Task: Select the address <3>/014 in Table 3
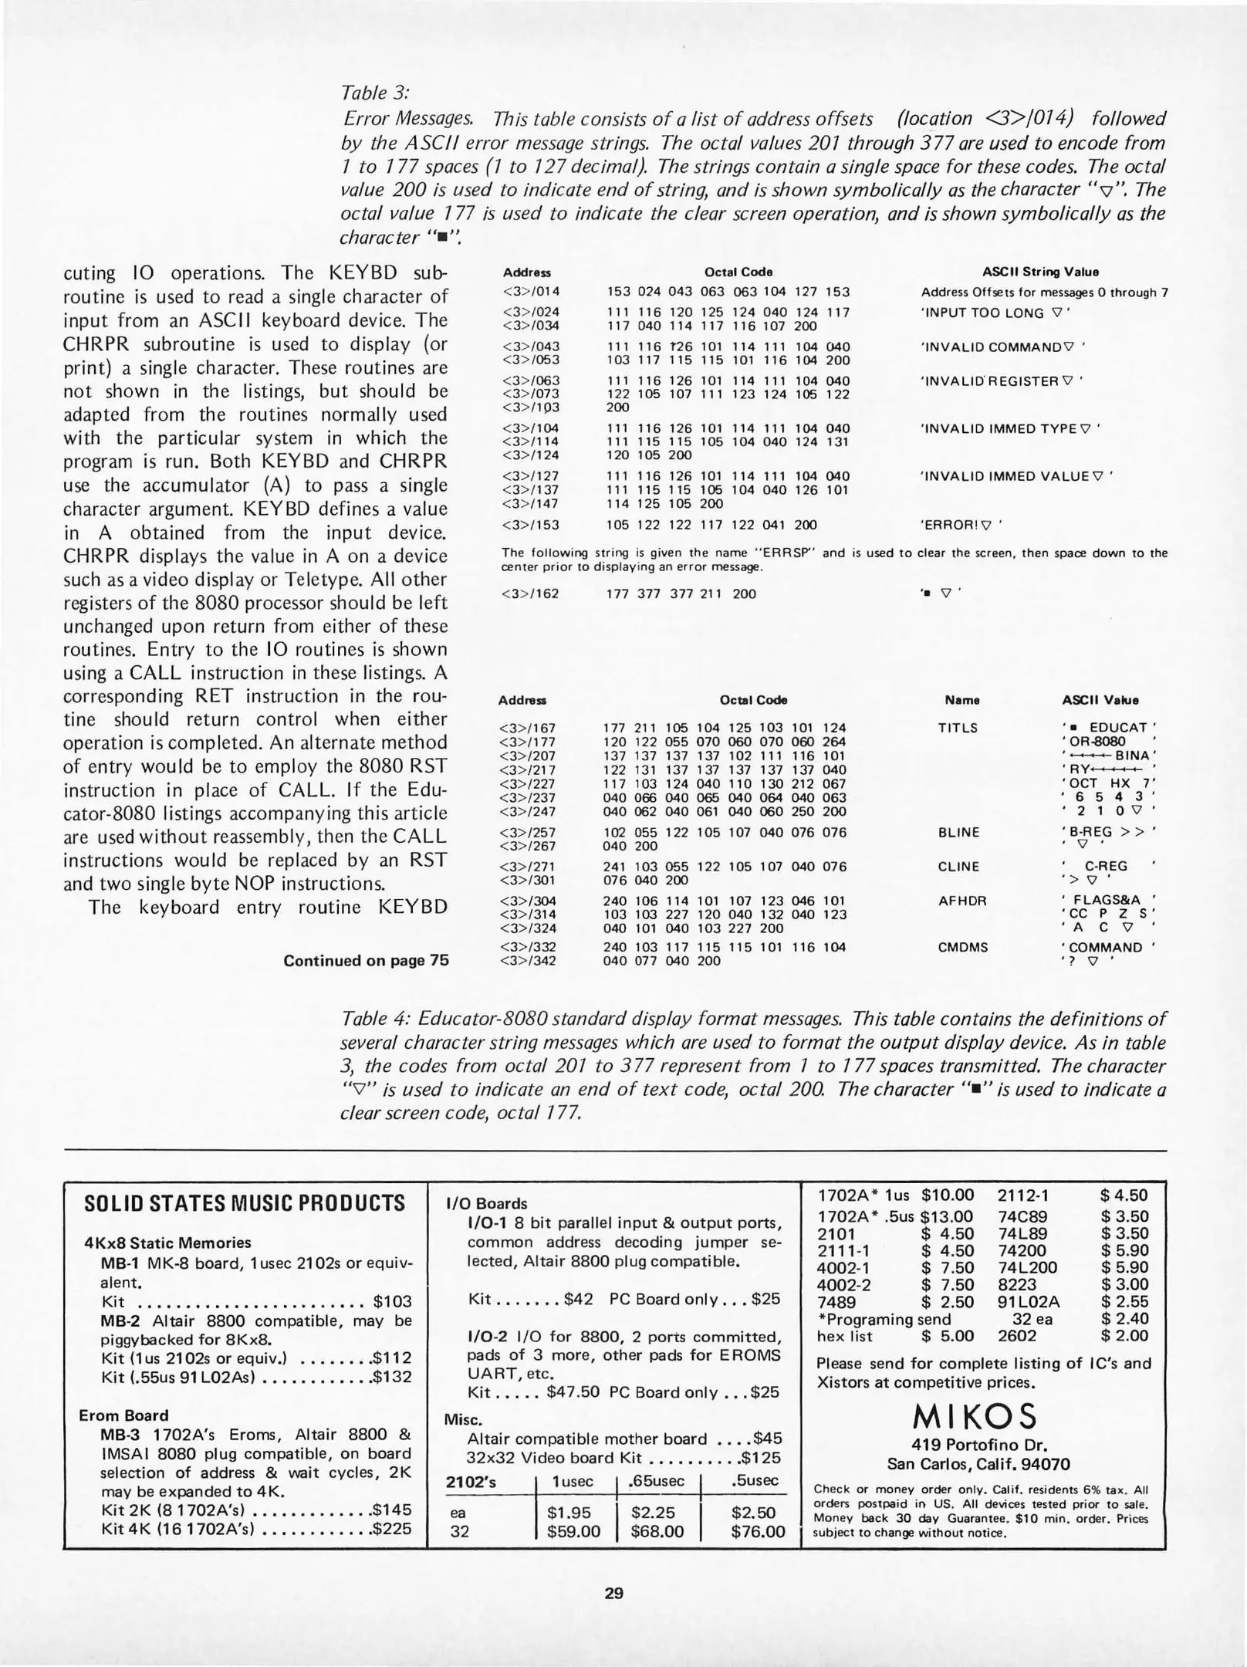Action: [531, 292]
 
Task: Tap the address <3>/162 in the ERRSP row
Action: [531, 593]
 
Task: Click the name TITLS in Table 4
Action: [958, 728]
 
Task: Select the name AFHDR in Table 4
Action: [959, 901]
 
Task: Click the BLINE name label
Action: [958, 833]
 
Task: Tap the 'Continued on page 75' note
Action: [366, 961]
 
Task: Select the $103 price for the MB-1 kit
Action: [392, 1302]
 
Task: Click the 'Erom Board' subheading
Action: [123, 1415]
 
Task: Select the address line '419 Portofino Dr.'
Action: [978, 1446]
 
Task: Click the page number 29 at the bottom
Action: [614, 1593]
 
